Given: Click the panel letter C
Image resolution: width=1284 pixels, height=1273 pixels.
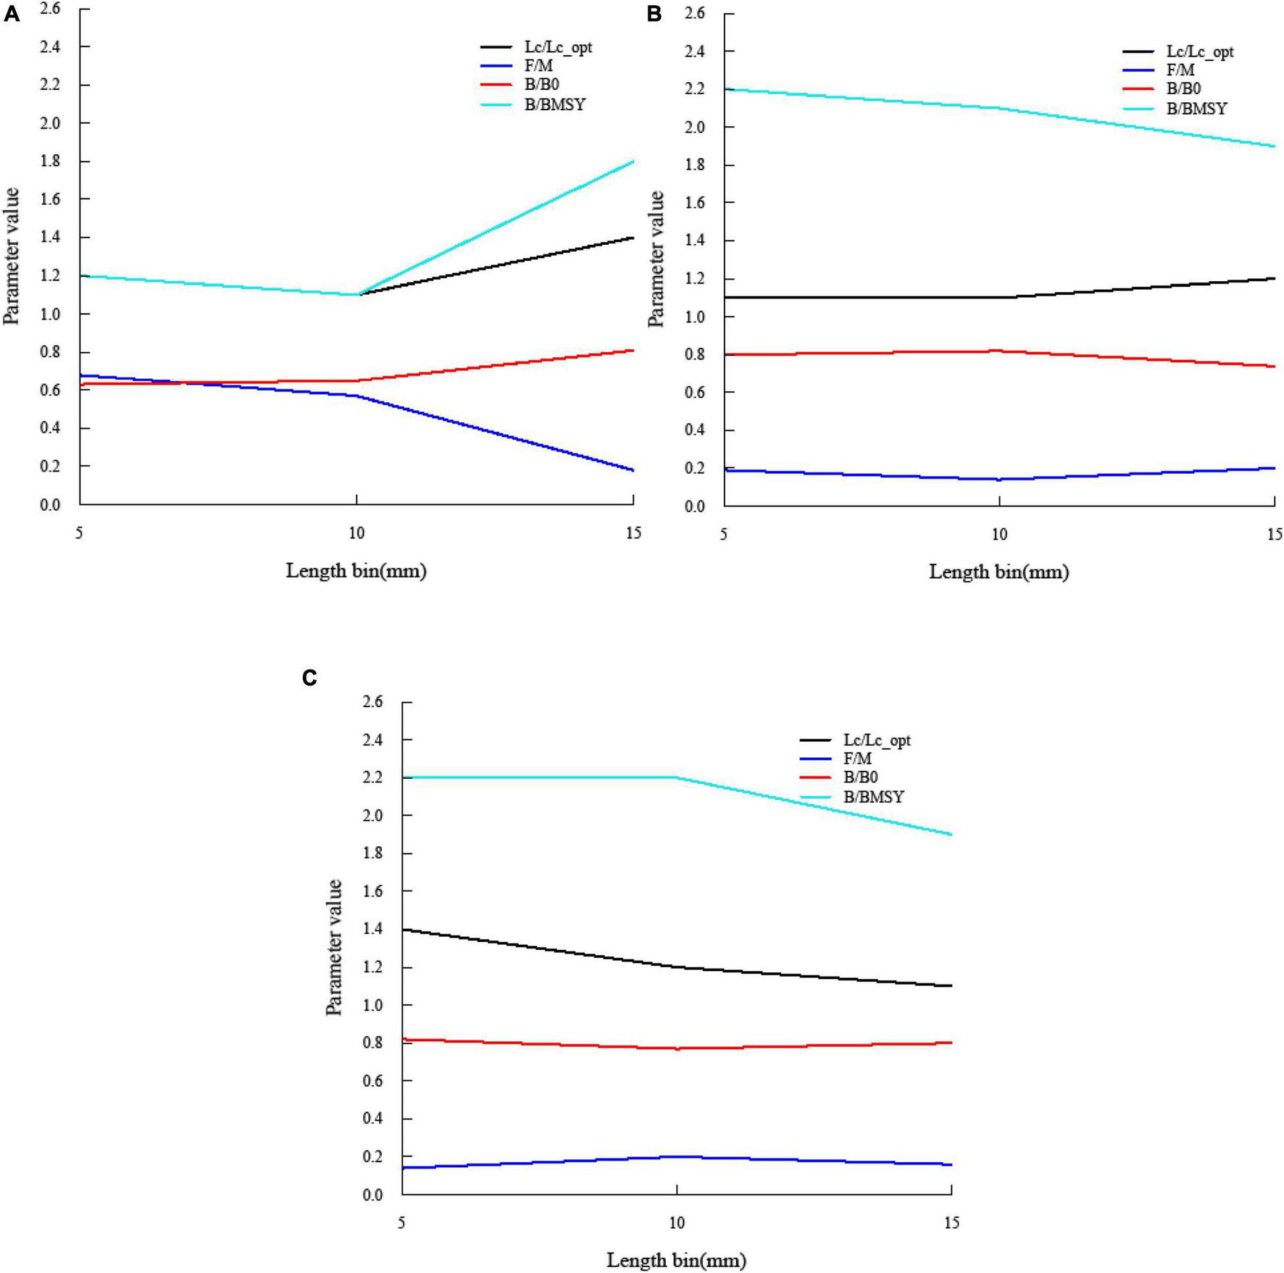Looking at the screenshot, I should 309,677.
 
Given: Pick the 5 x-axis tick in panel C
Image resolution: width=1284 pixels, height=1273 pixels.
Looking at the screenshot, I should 401,1223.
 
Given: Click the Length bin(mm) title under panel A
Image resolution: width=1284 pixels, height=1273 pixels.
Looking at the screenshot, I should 356,571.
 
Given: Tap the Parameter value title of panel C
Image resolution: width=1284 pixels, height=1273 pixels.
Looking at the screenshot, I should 334,947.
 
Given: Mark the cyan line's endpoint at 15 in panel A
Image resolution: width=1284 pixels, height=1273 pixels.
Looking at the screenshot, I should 633,162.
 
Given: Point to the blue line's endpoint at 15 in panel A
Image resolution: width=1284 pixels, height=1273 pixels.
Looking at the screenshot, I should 633,470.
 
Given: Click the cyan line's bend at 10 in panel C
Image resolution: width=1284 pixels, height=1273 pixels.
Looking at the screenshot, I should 676,777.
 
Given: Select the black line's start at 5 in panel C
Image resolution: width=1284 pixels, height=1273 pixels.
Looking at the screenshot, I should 402,930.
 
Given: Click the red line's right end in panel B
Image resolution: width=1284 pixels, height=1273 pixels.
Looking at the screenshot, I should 1274,367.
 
